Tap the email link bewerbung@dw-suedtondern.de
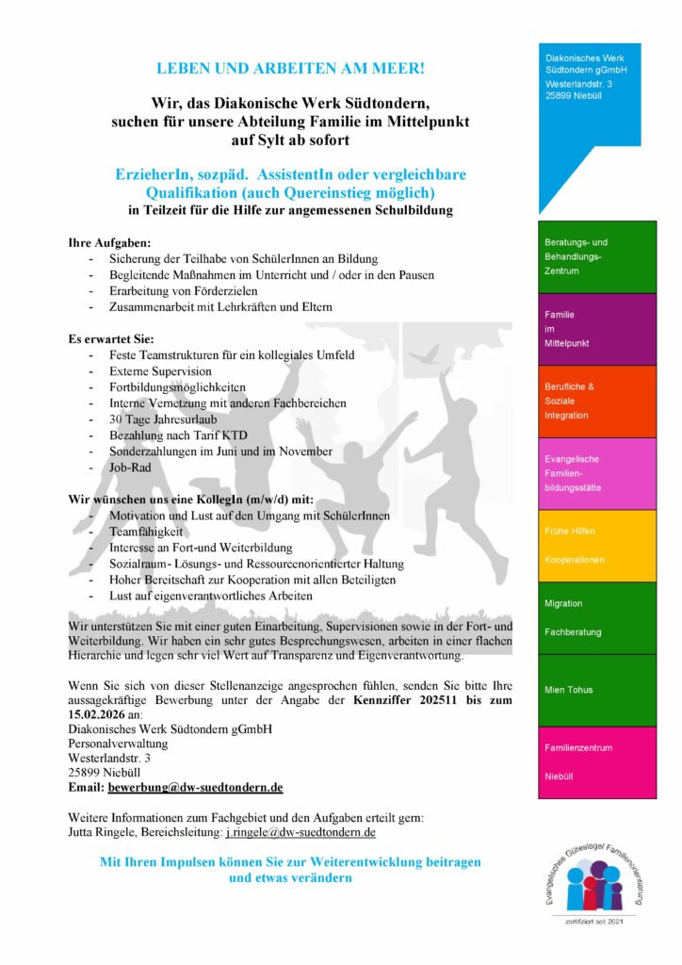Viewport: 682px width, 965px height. pyautogui.click(x=196, y=787)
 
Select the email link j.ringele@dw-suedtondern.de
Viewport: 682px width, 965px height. pyautogui.click(x=300, y=833)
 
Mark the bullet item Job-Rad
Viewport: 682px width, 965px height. pyautogui.click(x=128, y=467)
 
